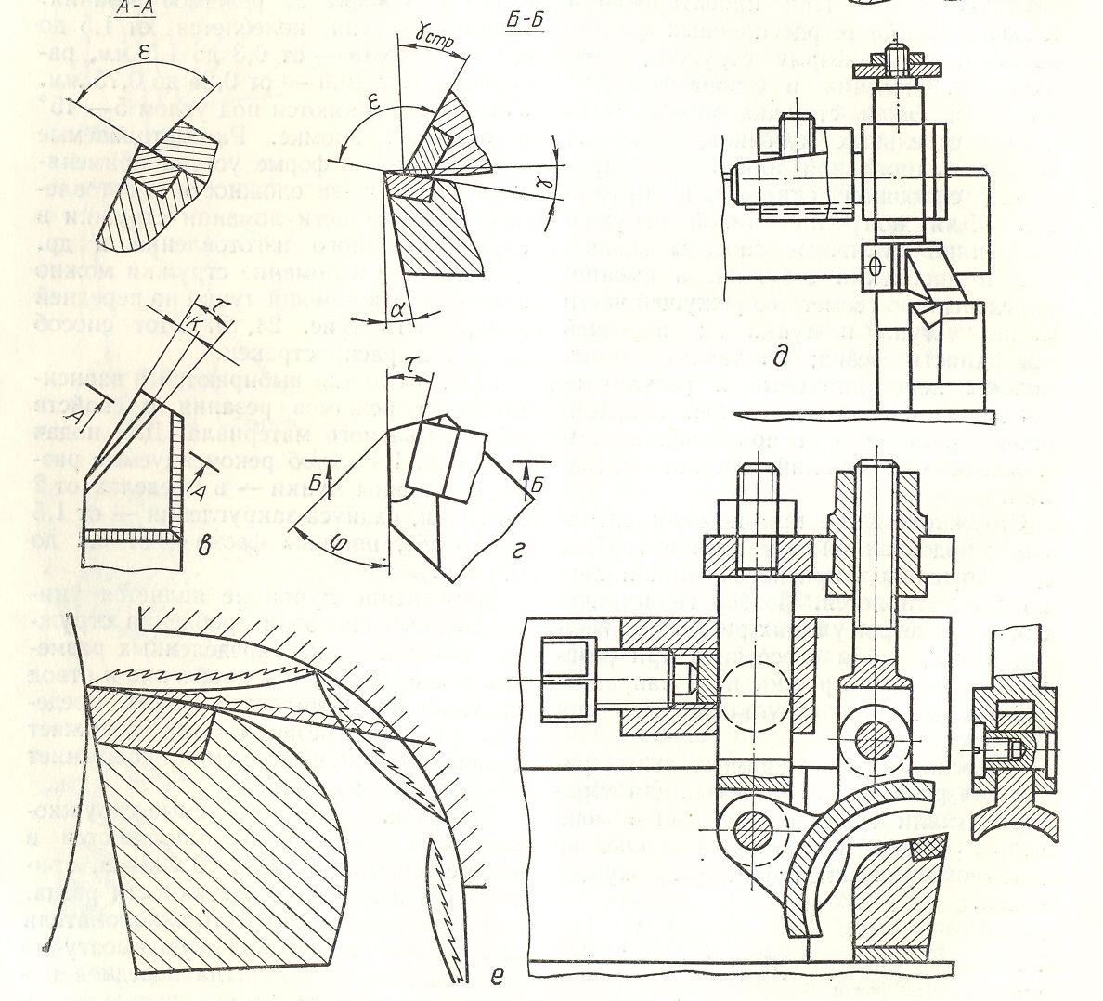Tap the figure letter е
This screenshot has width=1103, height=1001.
[x=500, y=973]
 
